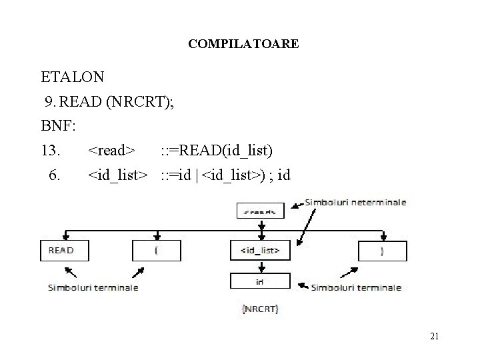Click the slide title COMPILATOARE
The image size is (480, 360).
(243, 44)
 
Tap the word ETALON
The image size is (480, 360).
(72, 77)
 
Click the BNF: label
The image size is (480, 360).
(59, 126)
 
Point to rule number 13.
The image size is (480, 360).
(51, 151)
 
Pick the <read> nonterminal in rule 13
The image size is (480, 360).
(113, 151)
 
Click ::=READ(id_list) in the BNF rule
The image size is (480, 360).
(217, 151)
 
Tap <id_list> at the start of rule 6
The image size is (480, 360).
(118, 175)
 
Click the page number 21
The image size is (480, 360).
(434, 336)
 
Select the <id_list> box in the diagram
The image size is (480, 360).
(260, 251)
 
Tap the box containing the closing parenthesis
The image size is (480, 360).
(382, 250)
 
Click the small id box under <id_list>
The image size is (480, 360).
(260, 281)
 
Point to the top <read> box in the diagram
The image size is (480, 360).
(260, 211)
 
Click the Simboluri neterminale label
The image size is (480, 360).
(356, 202)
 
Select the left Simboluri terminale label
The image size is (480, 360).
(93, 287)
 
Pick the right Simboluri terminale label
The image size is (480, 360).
(356, 287)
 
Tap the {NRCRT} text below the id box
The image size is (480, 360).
(260, 309)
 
